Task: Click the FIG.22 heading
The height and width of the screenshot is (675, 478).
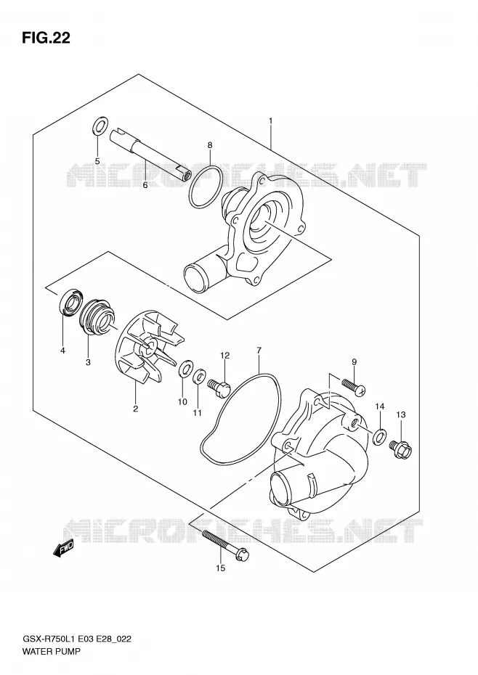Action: [x=46, y=38]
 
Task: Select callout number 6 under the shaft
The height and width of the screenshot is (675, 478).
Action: [x=145, y=185]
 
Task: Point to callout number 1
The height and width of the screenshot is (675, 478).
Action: [x=271, y=121]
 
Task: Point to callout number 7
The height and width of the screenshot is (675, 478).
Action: [x=259, y=350]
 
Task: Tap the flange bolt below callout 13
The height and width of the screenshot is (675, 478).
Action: [x=401, y=449]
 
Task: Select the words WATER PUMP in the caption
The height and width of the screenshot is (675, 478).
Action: [x=51, y=651]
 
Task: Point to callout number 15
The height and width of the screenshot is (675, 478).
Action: [x=220, y=568]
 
